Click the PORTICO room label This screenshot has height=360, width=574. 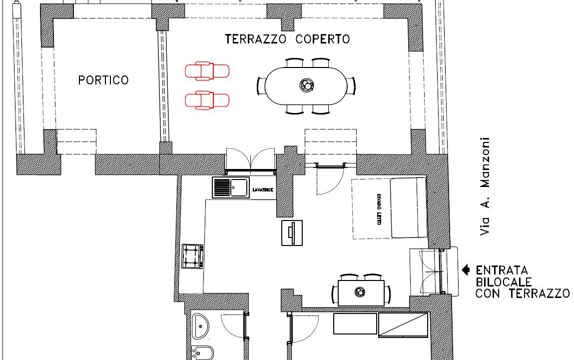(103, 80)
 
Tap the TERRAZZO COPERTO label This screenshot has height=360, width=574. (287, 39)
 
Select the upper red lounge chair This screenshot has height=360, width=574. (207, 70)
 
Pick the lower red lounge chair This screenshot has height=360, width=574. (207, 100)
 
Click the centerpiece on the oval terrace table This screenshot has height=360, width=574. (306, 85)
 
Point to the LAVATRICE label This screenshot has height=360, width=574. (263, 189)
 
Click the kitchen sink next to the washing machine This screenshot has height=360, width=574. (231, 187)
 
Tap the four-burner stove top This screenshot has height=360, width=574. (192, 256)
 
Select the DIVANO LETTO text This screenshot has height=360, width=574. (379, 209)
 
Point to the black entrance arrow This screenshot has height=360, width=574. (466, 270)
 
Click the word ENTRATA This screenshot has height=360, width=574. (502, 270)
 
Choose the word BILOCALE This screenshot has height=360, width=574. (504, 281)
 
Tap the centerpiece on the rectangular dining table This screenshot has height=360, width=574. (360, 292)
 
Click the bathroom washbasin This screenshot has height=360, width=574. (200, 326)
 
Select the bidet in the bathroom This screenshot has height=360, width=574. (202, 353)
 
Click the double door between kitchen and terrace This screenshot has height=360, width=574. (251, 161)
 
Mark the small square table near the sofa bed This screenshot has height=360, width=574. (292, 233)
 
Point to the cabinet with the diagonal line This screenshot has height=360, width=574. (403, 324)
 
